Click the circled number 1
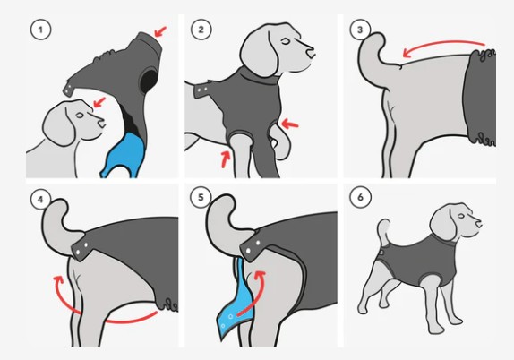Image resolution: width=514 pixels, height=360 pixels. pos(40,30)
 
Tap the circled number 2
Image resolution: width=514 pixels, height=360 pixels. pos(201,30)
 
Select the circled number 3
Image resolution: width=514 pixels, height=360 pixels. pos(360,30)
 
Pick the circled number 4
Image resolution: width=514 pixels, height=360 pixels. pos(40,200)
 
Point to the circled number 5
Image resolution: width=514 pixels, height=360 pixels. pos(201,197)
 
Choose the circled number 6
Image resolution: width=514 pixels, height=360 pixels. pos(360,197)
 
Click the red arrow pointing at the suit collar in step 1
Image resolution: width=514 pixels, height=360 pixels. pos(160,31)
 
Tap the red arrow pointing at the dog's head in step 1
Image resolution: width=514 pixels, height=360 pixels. pos(99,102)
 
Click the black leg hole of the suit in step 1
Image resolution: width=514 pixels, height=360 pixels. pos(150,81)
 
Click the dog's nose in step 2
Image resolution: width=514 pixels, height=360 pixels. pos(310,53)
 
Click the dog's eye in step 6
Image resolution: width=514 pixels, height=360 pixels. pos(461,216)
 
